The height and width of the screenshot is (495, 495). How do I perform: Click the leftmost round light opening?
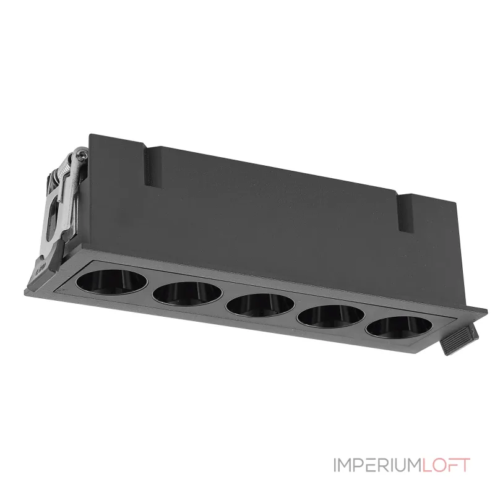[x=111, y=282]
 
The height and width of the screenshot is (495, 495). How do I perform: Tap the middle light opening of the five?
[x=260, y=305]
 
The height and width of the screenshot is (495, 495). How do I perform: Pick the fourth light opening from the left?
[x=331, y=316]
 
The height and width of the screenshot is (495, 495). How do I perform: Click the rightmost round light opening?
[x=398, y=327]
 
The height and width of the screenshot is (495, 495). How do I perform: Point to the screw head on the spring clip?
[x=82, y=154]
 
